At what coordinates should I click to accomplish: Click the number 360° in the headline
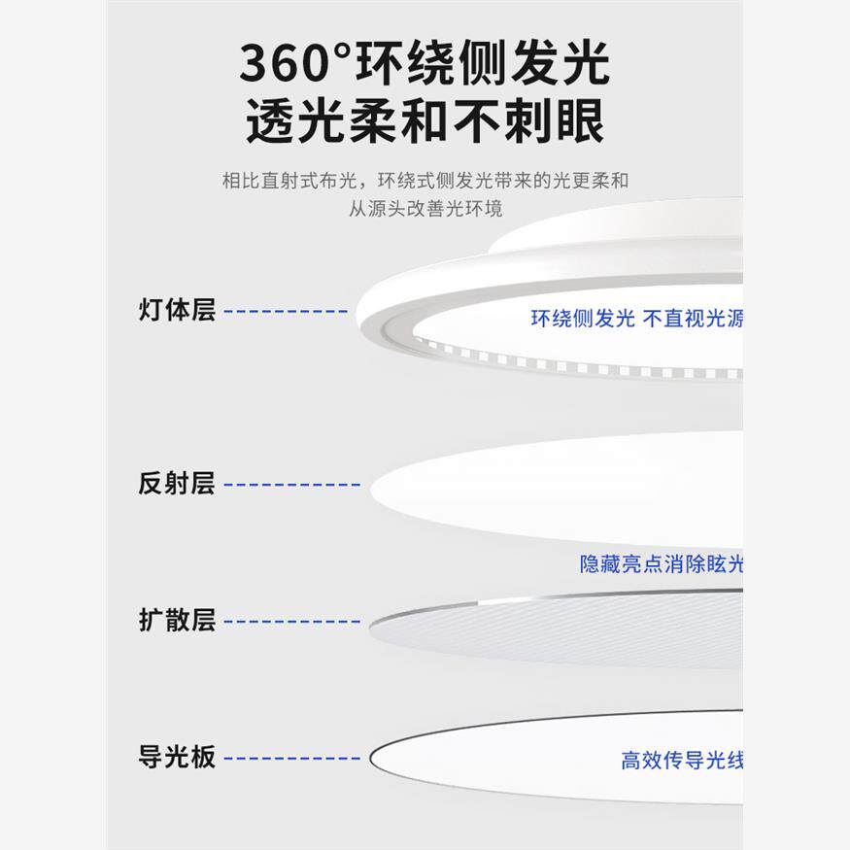296,64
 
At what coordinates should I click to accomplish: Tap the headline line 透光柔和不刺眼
425,122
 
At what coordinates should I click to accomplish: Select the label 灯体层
177,311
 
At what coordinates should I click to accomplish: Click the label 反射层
177,483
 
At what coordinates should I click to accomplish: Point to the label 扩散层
177,621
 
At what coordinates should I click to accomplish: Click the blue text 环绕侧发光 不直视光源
636,319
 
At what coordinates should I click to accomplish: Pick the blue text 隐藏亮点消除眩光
662,564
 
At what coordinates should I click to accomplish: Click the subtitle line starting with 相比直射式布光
425,181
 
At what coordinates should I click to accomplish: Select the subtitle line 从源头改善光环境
425,209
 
